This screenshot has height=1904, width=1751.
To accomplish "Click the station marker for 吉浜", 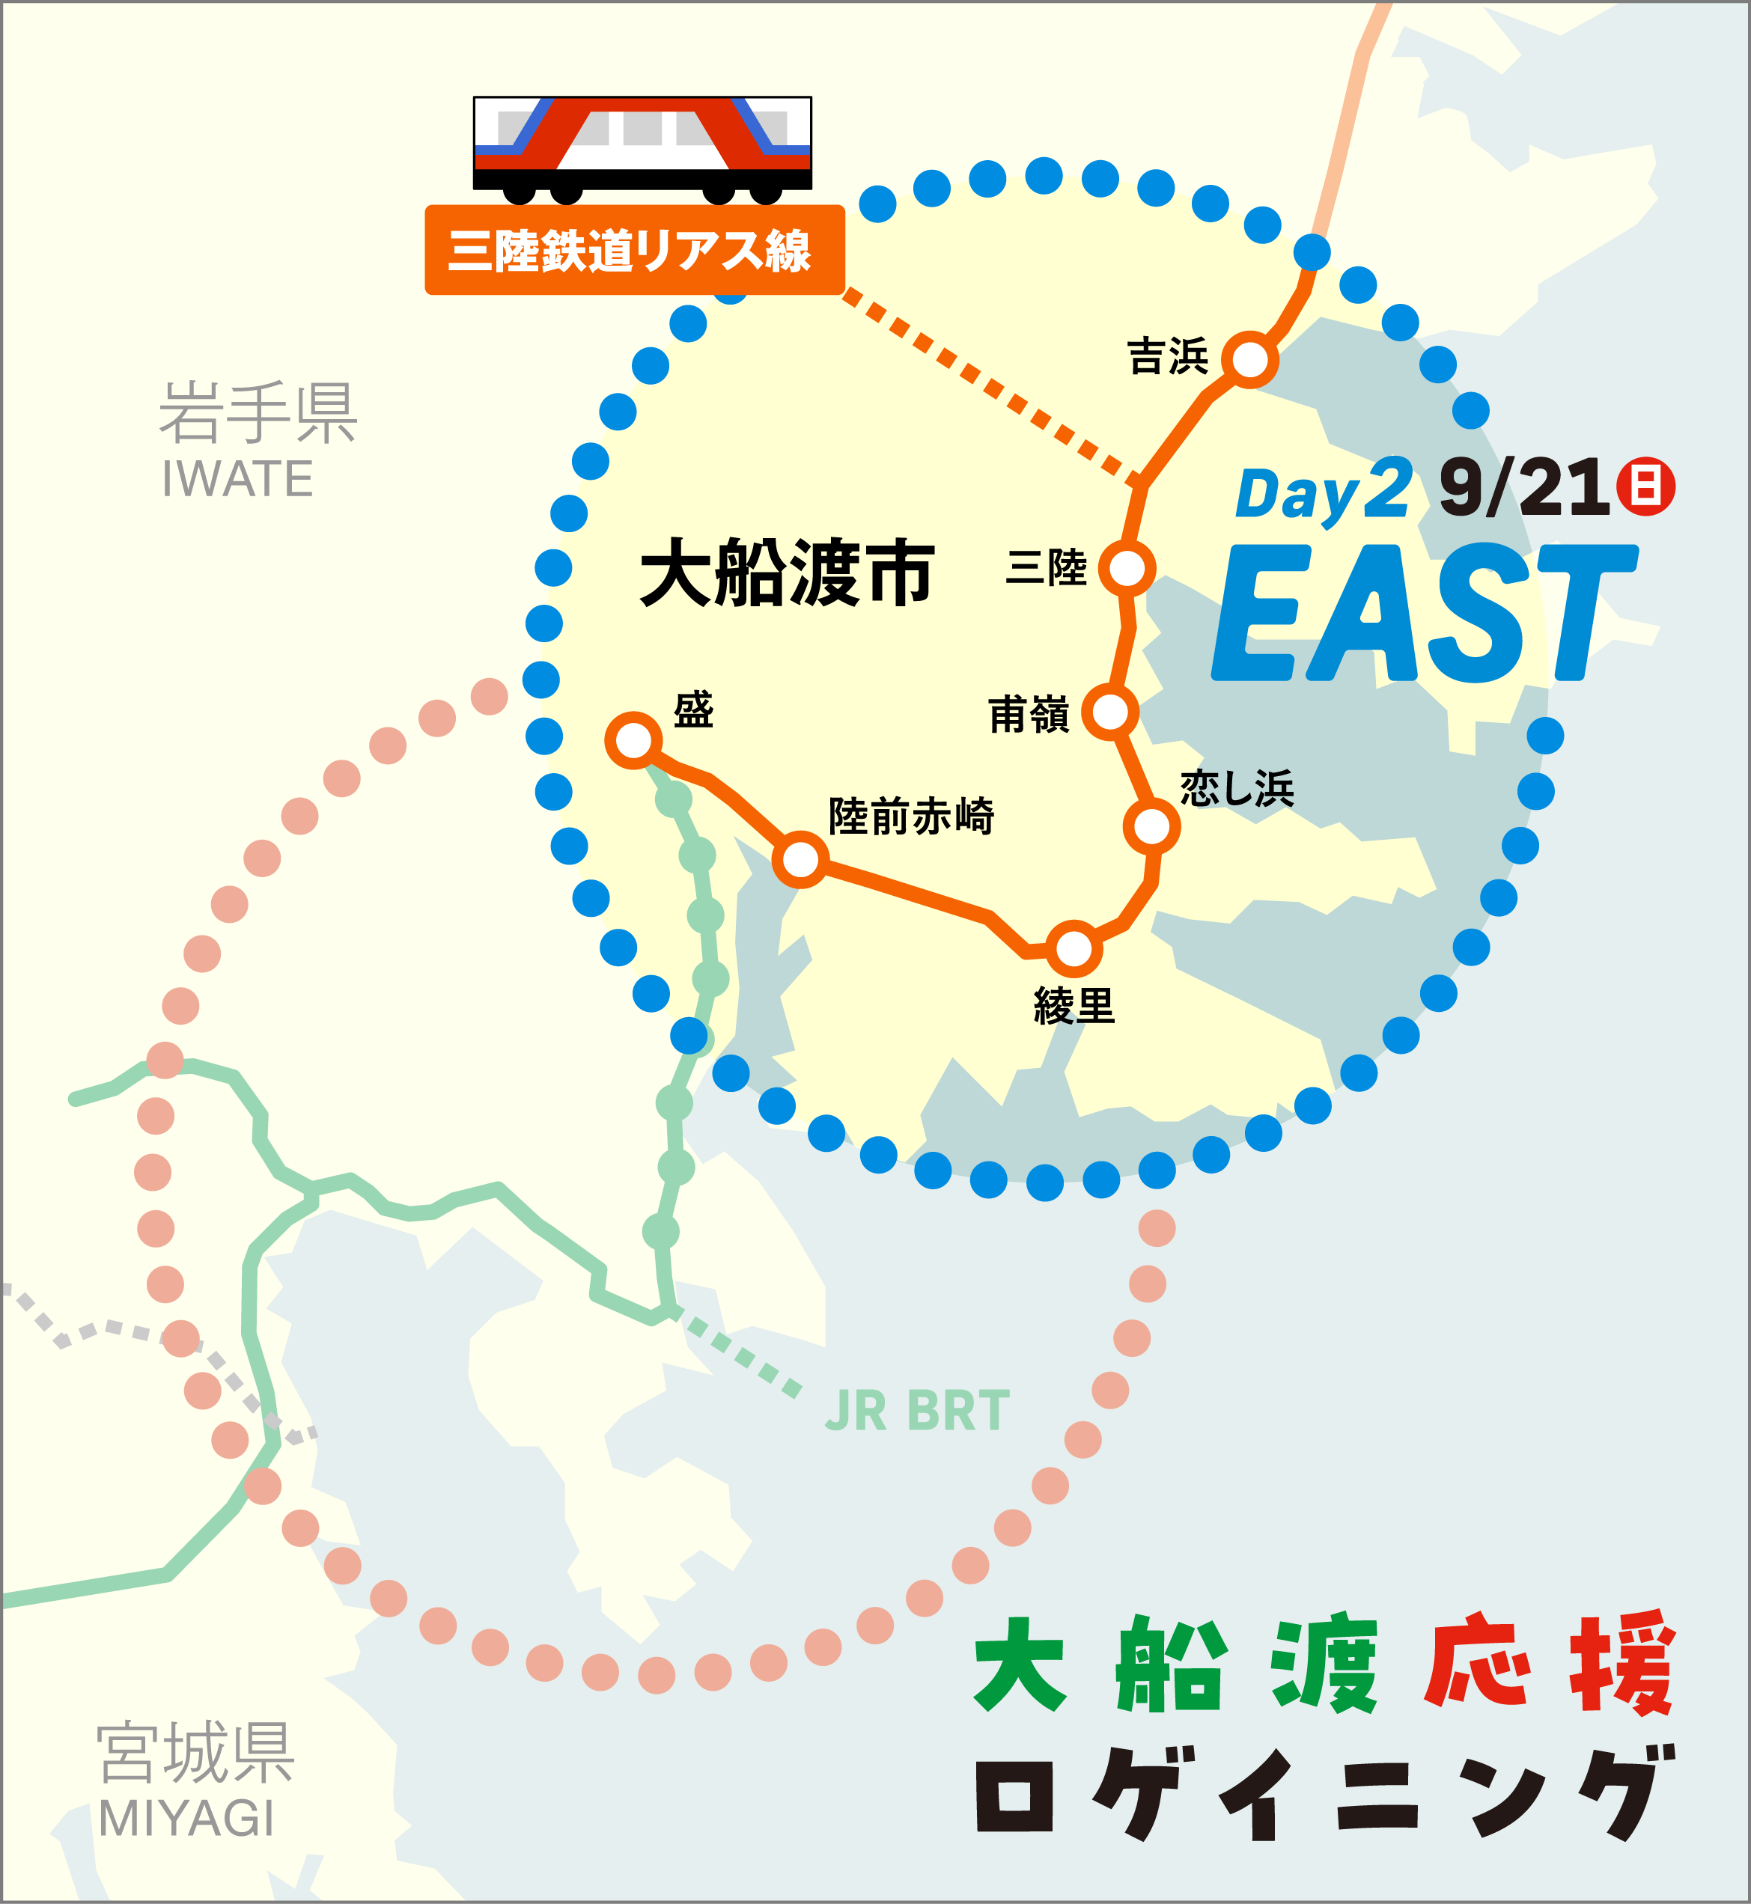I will pos(1249,360).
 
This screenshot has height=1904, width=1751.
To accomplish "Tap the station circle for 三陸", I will pos(1127,568).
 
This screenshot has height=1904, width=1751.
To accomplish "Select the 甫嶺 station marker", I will pos(1109,712).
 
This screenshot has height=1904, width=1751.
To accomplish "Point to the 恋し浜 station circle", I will pos(1151,827).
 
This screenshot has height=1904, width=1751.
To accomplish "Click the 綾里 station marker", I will pos(1074,948).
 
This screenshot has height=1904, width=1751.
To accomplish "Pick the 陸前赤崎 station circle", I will pos(801,860).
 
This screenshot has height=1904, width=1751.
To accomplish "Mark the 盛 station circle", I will pos(633,739).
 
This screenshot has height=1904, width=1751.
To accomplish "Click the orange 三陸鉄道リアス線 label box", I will pos(634,251).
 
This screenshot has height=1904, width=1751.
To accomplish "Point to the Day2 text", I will pos(1323,493).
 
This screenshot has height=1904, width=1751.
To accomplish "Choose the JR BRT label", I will pos(916,1411).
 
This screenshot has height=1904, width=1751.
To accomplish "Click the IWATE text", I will pos(237,478).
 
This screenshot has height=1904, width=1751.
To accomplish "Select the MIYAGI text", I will pos(186,1818).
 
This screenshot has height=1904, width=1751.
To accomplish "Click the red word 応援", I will pos(1548,1665).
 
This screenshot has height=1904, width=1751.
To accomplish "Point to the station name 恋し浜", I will pos(1237,788).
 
